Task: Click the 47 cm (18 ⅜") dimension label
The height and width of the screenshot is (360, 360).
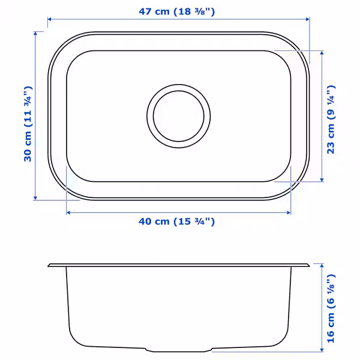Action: (177, 11)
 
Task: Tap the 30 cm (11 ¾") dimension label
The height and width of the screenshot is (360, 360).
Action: (28, 124)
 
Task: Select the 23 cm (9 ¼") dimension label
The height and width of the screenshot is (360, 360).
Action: (331, 119)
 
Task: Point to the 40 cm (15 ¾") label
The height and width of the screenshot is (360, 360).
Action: (177, 221)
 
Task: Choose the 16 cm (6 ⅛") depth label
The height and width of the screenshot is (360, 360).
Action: (331, 308)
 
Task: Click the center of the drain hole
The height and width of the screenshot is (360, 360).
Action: (179, 116)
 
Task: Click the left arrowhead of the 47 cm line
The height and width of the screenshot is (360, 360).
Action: (49, 19)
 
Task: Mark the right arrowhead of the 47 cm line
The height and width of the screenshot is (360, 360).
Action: (308, 19)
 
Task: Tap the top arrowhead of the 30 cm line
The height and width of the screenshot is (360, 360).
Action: (35, 34)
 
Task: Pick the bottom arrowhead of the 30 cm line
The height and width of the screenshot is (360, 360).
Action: (35, 198)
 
